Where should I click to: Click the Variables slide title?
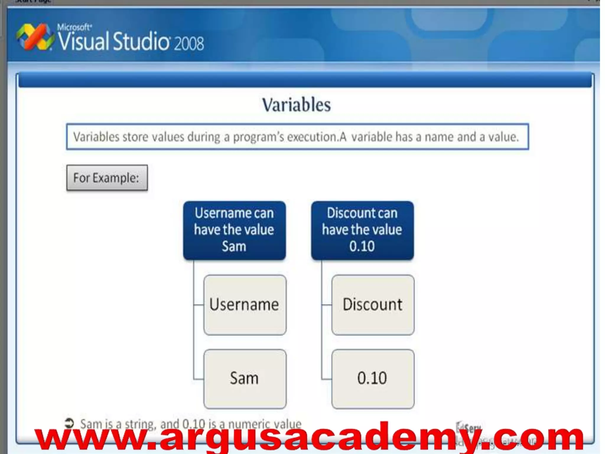[x=296, y=105]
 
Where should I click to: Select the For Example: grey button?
[x=107, y=178]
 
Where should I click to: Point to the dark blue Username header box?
[x=234, y=230]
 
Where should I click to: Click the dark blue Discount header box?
[x=362, y=230]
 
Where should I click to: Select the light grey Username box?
[x=245, y=305]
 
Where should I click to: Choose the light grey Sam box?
[x=245, y=379]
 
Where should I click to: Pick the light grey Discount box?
[x=373, y=305]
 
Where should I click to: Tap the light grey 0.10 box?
[x=373, y=379]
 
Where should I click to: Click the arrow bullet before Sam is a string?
[x=69, y=423]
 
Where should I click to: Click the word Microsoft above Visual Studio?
[x=74, y=27]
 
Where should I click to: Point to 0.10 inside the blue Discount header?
[x=362, y=246]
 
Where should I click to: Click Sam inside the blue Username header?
[x=234, y=246]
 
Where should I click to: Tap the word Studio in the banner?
[x=141, y=41]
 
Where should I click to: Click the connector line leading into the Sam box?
[x=199, y=379]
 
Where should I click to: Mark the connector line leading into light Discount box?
[x=326, y=305]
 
